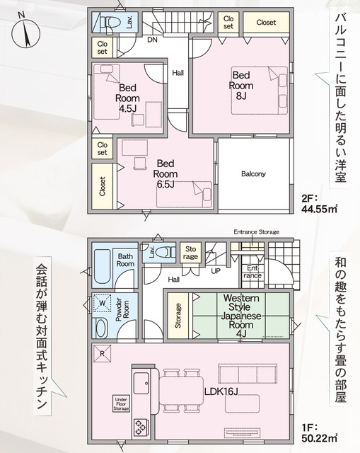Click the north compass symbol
(x=26, y=32)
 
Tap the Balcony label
(x=253, y=174)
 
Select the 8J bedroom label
(x=241, y=86)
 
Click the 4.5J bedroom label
(x=127, y=98)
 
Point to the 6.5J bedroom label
(x=166, y=173)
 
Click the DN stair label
(x=152, y=40)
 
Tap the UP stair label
(x=216, y=271)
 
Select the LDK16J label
(x=221, y=391)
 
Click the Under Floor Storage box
(x=121, y=403)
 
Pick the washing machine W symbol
(x=103, y=303)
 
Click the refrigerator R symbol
(x=102, y=354)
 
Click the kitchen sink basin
(x=141, y=383)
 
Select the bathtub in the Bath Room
(x=103, y=266)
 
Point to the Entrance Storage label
(x=256, y=231)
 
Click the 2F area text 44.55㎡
(x=319, y=204)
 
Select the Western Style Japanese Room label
(x=241, y=316)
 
